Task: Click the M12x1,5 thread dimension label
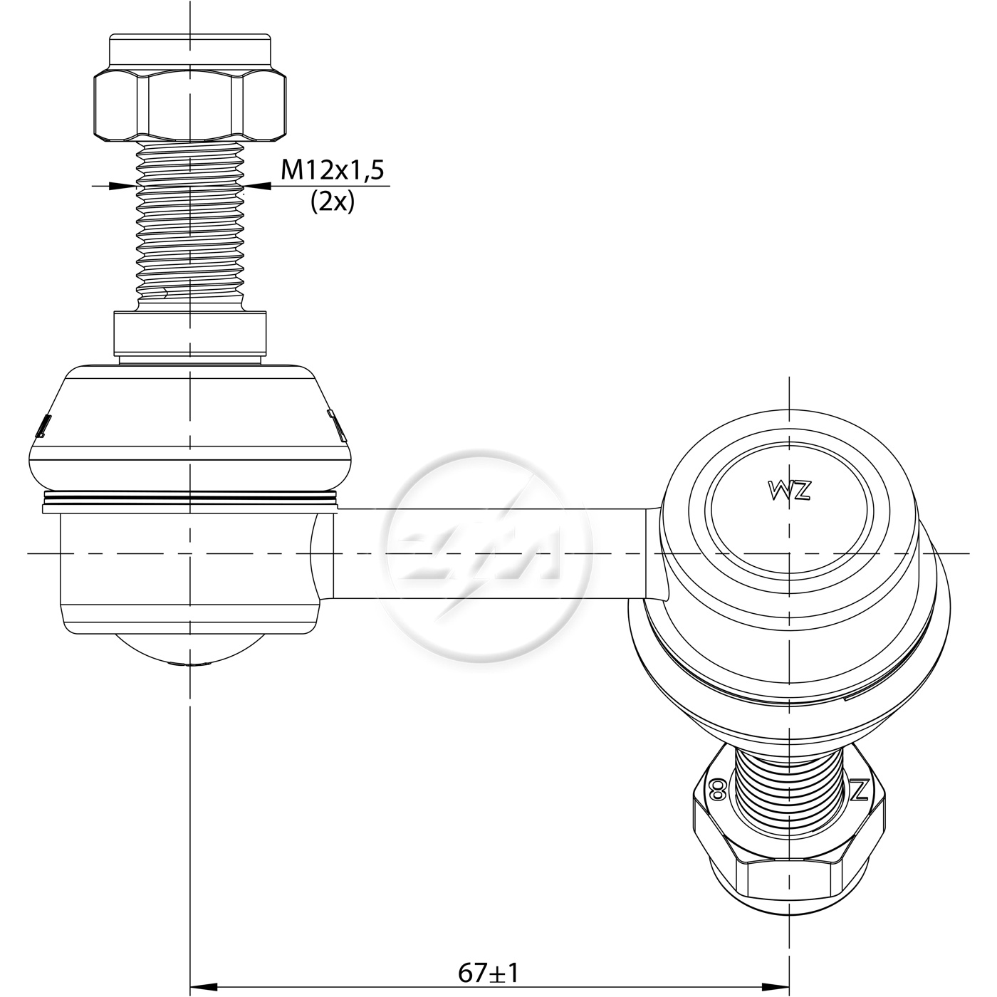(332, 169)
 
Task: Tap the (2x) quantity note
(333, 202)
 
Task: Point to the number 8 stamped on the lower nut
(718, 790)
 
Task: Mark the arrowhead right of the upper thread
(258, 185)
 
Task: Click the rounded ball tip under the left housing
(190, 650)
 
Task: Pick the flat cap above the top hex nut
(190, 50)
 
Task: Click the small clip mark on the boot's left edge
(43, 427)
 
